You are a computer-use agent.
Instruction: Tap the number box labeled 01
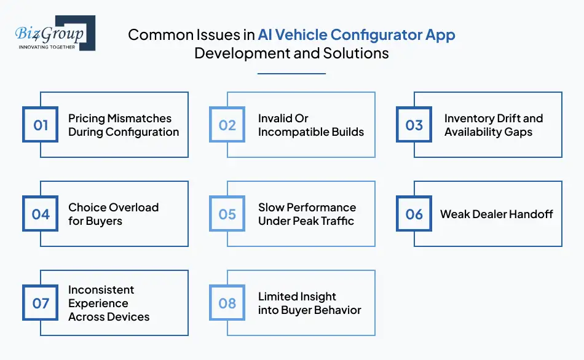click(x=41, y=125)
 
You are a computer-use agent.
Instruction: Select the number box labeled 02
click(x=227, y=125)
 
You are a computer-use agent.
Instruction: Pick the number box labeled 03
click(x=414, y=125)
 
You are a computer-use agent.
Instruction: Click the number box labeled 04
click(x=41, y=214)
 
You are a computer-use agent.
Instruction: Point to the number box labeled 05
click(x=227, y=214)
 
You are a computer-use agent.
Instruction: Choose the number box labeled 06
click(x=414, y=214)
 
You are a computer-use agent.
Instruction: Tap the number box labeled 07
click(x=41, y=303)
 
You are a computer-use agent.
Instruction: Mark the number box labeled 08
click(x=227, y=303)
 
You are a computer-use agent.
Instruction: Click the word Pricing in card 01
click(x=87, y=119)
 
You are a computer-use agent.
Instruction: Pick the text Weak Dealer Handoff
click(x=496, y=214)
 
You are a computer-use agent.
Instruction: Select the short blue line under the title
click(x=291, y=74)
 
